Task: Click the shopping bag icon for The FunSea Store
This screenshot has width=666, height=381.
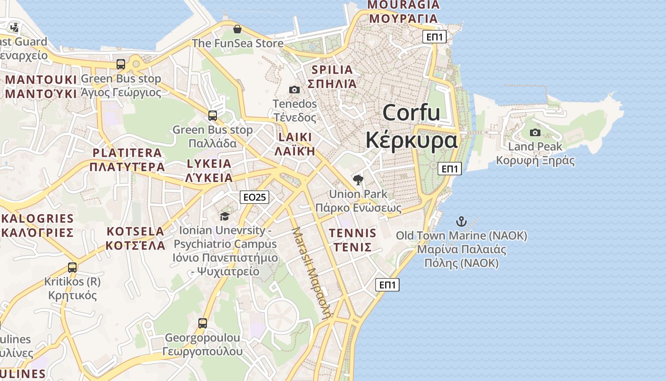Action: click(237, 30)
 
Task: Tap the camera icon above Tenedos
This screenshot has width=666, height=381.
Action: click(294, 90)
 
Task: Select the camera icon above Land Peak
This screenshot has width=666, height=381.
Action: click(535, 132)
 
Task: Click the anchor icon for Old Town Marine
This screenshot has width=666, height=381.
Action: click(461, 221)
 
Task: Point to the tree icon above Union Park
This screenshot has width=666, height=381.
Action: click(358, 180)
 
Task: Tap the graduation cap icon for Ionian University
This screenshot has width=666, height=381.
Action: click(225, 217)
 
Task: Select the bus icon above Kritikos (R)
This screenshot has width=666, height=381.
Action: click(72, 268)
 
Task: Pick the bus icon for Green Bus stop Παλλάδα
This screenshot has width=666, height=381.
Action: click(213, 116)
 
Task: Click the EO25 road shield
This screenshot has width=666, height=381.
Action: click(255, 197)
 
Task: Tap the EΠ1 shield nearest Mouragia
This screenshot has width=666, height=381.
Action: click(434, 37)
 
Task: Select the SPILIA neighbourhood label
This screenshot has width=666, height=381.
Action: click(332, 70)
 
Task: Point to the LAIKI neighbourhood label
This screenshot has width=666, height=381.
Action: click(295, 138)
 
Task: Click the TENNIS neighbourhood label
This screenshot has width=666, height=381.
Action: click(353, 233)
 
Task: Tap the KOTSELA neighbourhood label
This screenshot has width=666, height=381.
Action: click(135, 231)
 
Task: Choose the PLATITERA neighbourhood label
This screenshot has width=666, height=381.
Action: click(127, 153)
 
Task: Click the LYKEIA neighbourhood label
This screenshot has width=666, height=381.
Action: click(209, 164)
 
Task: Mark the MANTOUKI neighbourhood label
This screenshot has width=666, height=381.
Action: click(41, 80)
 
